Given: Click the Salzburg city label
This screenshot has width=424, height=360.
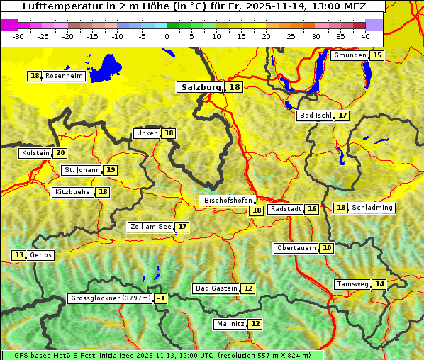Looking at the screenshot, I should (x=199, y=87).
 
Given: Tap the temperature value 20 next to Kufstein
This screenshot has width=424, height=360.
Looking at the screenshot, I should (x=61, y=153).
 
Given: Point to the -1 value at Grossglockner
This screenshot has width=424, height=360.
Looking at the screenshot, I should (x=161, y=299).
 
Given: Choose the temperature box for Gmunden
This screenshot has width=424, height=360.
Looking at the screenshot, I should (x=377, y=55).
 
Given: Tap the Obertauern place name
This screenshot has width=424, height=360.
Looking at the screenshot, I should (x=296, y=248).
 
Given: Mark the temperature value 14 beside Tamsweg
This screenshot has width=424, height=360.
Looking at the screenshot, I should (x=380, y=284).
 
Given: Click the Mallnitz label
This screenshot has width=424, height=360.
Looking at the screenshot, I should (x=230, y=324).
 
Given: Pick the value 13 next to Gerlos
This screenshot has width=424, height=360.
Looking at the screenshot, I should (x=19, y=255).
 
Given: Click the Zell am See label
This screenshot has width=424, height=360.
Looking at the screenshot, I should (x=151, y=227).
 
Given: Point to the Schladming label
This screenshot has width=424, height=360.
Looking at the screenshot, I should (x=372, y=208).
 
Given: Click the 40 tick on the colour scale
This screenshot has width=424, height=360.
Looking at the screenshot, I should (x=364, y=36).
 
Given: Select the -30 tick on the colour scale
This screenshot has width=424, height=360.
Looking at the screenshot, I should (x=18, y=36).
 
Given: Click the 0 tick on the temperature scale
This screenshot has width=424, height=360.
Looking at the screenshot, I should (x=167, y=36).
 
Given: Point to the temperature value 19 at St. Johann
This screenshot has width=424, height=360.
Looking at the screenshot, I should (x=111, y=170).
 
